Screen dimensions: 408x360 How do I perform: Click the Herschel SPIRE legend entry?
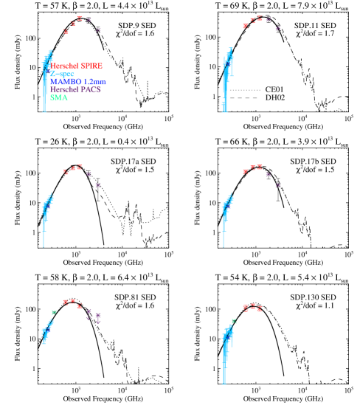(x=77, y=66)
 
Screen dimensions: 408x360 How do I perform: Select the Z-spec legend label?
(x=62, y=74)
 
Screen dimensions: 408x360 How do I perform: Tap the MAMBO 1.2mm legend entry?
(x=78, y=82)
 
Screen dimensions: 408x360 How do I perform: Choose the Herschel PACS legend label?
(x=75, y=89)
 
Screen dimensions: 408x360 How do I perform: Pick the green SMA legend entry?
(x=59, y=97)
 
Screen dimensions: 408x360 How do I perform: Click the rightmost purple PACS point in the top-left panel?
(x=98, y=30)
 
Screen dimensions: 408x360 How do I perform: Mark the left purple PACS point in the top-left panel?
(x=89, y=20)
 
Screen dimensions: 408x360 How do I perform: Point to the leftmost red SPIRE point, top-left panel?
(x=66, y=31)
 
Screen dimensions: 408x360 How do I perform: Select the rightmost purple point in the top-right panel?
(x=277, y=29)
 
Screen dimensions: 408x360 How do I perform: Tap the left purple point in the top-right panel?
(x=269, y=19)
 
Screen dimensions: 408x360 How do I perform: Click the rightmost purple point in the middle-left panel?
(x=97, y=185)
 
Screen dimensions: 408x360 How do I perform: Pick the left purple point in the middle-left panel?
(x=89, y=174)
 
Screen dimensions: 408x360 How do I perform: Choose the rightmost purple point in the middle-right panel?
(x=277, y=185)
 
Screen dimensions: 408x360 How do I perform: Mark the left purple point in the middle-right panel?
(x=269, y=174)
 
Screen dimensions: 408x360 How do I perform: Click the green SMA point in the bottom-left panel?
(x=54, y=312)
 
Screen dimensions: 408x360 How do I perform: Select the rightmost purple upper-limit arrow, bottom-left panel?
(x=98, y=317)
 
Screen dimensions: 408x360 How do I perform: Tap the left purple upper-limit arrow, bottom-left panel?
(x=89, y=314)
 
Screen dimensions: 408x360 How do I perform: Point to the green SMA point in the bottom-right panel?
(x=234, y=320)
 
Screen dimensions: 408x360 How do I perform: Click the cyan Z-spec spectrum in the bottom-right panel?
(x=225, y=347)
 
